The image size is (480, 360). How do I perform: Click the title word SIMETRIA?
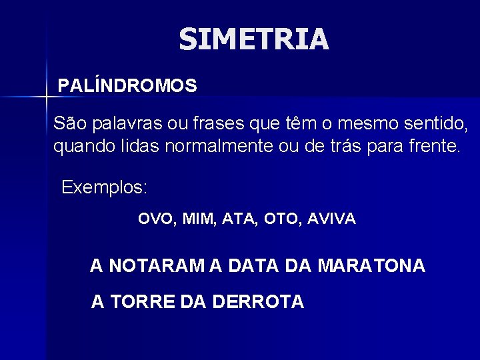tap(254, 40)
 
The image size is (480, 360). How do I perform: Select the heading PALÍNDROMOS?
tap(127, 86)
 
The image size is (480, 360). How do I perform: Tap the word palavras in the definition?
tap(125, 123)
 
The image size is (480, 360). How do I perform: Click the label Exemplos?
tap(105, 187)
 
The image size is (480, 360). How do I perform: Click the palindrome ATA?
tap(237, 219)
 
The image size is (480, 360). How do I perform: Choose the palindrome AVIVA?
tap(333, 219)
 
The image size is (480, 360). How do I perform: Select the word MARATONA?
tap(372, 266)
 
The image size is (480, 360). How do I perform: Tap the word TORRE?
tap(142, 302)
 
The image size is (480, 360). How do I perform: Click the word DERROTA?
tap(259, 302)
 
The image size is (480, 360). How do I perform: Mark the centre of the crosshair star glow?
tap(47, 97)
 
